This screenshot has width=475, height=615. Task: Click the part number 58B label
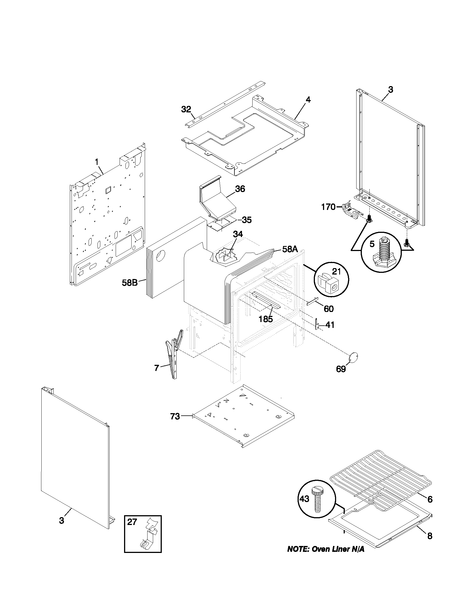click(130, 282)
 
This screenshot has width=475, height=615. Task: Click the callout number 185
click(266, 319)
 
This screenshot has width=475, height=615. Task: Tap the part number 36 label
click(240, 189)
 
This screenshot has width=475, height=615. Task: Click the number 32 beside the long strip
click(186, 109)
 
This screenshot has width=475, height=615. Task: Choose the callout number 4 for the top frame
click(308, 100)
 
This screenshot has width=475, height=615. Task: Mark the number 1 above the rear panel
click(96, 162)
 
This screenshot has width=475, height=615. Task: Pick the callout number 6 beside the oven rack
click(429, 499)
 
